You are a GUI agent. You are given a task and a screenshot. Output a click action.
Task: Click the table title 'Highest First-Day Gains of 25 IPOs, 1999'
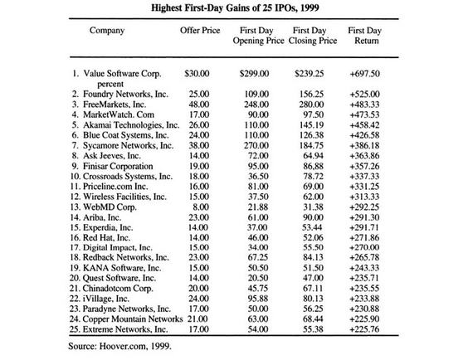[235, 7]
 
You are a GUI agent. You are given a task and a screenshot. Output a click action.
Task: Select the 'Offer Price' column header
[200, 31]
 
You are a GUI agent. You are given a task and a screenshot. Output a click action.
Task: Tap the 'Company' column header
[107, 31]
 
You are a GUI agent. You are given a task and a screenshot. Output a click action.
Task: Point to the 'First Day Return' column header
[365, 36]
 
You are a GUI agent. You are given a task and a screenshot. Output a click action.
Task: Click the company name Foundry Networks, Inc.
[126, 94]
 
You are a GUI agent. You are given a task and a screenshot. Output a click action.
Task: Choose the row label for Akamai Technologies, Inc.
[131, 124]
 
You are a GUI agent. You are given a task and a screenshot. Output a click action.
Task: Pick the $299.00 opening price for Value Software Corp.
[254, 74]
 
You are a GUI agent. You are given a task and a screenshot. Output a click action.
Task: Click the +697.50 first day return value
[364, 74]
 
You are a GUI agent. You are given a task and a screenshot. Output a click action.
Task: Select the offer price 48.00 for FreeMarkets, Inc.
[199, 105]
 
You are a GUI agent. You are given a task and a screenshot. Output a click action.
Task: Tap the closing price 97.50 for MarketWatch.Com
[314, 114]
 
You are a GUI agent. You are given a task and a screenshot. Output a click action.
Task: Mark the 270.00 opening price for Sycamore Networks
[256, 145]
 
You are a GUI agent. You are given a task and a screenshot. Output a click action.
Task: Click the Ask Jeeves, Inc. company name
[112, 156]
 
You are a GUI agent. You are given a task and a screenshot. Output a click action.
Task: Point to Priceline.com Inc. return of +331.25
[364, 187]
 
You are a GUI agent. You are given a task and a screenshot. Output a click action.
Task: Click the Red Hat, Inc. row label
[106, 237]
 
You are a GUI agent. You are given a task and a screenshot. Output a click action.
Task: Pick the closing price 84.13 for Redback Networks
[313, 257]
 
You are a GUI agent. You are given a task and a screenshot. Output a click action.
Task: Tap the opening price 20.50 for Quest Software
[258, 278]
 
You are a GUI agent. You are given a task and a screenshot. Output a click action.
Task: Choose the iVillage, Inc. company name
[106, 299]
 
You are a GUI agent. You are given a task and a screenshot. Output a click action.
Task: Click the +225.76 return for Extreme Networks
[364, 329]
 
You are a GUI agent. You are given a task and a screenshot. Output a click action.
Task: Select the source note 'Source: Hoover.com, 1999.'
[119, 346]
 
